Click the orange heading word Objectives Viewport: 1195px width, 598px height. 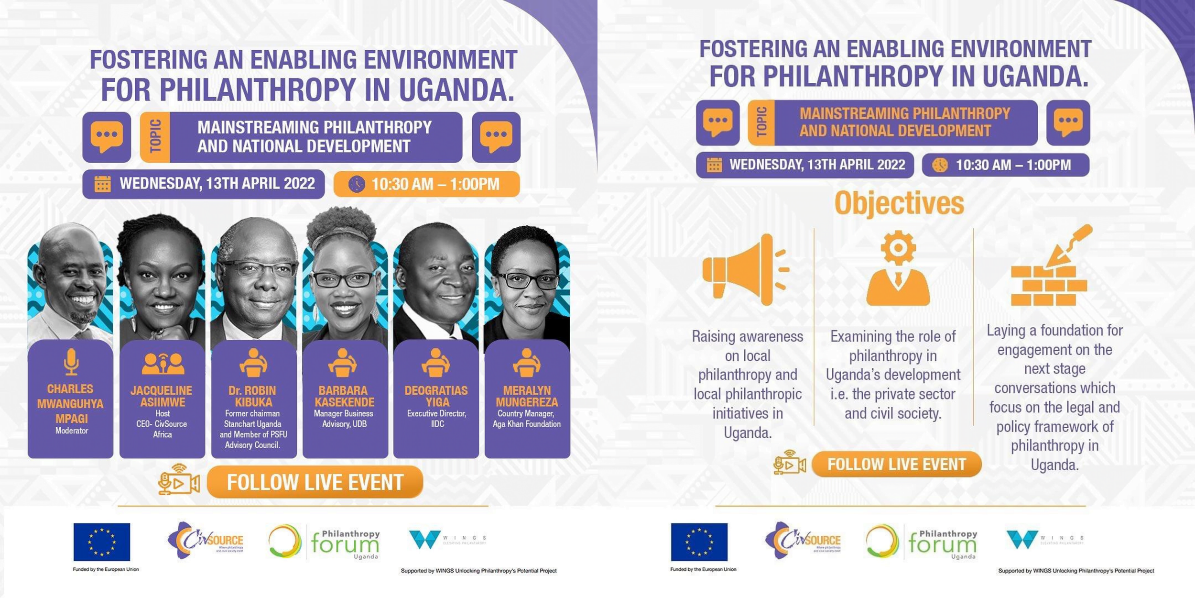(899, 203)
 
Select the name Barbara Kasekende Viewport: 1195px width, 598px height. (344, 396)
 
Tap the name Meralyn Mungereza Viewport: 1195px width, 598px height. (527, 396)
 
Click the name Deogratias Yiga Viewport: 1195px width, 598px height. (436, 396)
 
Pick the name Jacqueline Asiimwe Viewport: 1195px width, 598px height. (162, 396)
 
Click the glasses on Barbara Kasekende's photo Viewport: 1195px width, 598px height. (343, 279)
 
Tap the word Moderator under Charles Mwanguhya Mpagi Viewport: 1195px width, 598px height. (71, 431)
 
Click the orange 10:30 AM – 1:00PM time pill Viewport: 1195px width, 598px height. (426, 184)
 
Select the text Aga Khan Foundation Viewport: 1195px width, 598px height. (527, 424)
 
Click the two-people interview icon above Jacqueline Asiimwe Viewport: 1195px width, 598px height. (163, 364)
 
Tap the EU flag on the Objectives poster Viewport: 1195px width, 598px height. (699, 542)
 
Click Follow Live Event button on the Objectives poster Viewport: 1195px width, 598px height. (896, 464)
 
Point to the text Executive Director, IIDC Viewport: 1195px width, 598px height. (436, 419)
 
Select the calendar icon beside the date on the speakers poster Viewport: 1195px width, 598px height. (102, 184)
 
